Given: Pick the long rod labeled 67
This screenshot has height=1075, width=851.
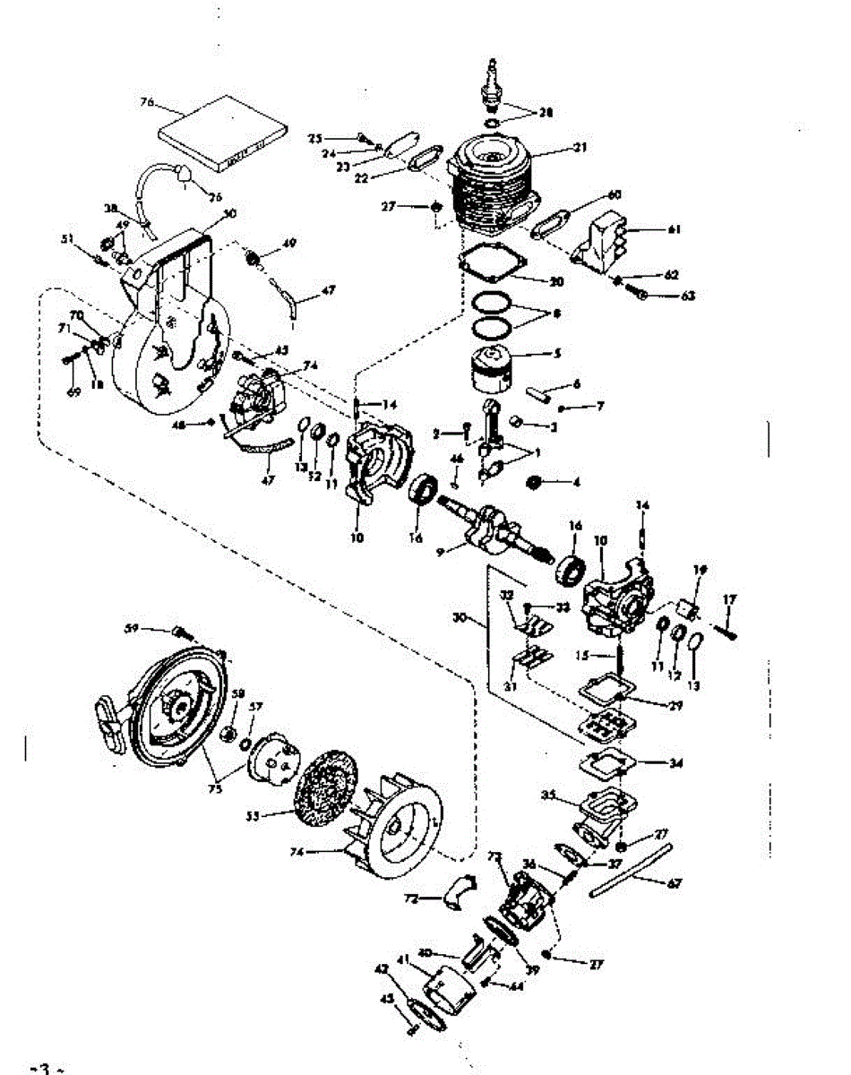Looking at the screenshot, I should pos(630,871).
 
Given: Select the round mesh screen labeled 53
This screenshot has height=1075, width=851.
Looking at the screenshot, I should pos(327,787).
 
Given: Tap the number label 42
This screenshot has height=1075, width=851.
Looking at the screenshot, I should pos(382,968).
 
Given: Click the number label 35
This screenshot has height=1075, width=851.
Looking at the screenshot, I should pos(549,795).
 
